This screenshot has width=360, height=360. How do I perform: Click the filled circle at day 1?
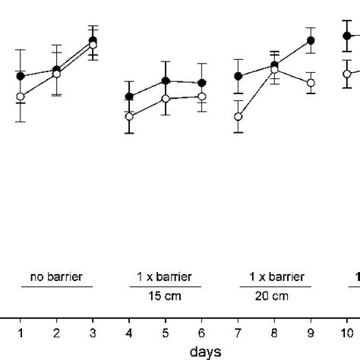click(21, 76)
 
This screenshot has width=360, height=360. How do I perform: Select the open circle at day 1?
click(21, 96)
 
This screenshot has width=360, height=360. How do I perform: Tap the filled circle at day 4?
click(129, 96)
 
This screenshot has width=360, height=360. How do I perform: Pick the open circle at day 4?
click(129, 116)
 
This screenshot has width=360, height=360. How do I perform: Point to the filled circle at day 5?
click(166, 81)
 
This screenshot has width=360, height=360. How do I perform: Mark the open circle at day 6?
click(202, 96)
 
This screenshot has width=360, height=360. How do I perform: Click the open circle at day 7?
click(238, 117)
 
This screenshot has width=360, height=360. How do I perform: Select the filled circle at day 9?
click(311, 40)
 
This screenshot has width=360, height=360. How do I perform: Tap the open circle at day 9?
click(311, 82)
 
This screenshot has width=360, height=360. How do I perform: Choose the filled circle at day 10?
click(347, 35)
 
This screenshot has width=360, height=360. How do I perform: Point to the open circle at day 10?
click(347, 74)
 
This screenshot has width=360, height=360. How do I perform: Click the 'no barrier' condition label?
click(56, 276)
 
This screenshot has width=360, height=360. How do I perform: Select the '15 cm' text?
click(166, 296)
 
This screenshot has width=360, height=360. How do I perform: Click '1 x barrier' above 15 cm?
click(166, 276)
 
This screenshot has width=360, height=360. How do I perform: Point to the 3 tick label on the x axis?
click(93, 333)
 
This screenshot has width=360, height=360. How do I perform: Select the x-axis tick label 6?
click(202, 333)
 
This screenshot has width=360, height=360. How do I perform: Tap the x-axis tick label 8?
click(274, 333)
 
